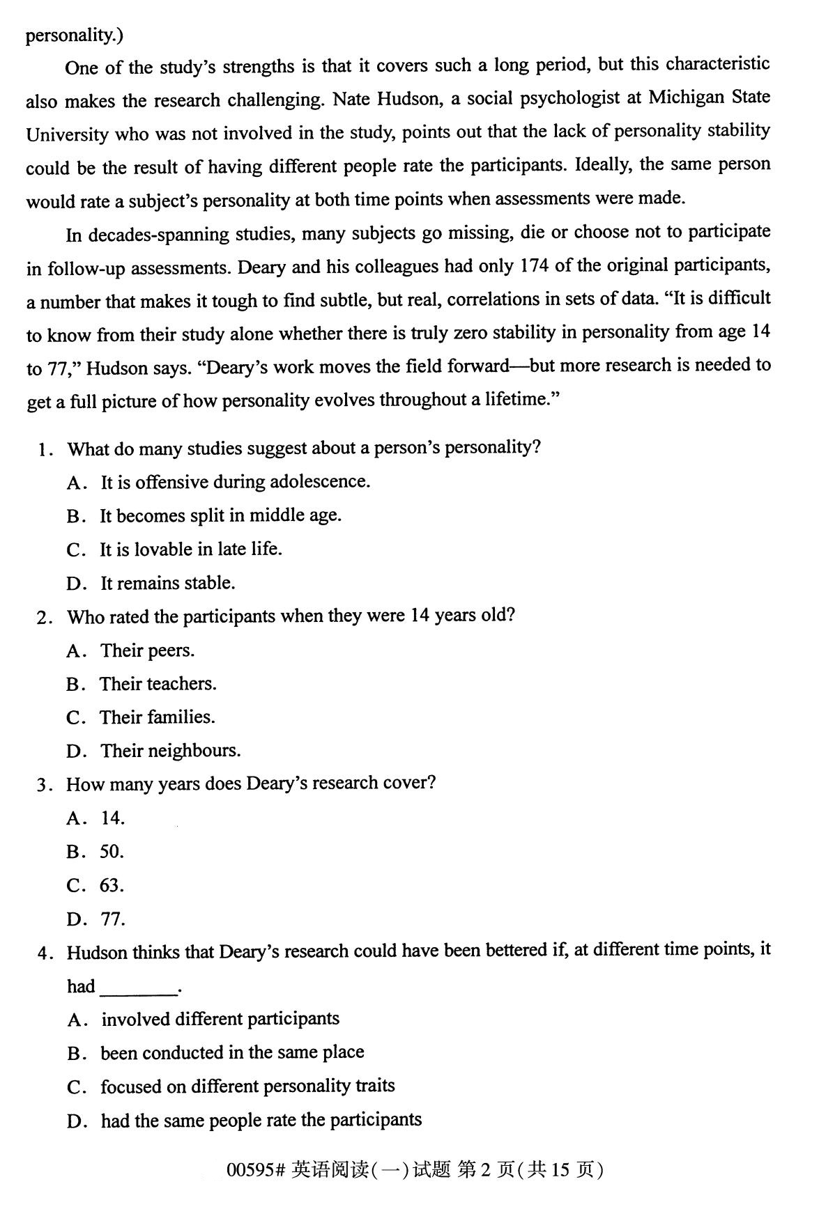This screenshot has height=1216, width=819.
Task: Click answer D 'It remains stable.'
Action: (x=167, y=583)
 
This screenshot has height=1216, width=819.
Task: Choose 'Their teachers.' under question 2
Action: (x=158, y=684)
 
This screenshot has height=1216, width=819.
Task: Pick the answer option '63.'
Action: (x=112, y=885)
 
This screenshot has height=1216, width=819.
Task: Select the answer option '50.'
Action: (x=112, y=852)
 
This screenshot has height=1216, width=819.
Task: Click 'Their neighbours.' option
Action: (x=170, y=751)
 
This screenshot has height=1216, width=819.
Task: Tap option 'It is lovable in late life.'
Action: (x=190, y=549)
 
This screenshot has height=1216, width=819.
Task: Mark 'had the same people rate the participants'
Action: (x=261, y=1120)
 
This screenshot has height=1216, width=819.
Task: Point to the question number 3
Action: (x=43, y=785)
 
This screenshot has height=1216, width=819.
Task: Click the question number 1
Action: (x=43, y=449)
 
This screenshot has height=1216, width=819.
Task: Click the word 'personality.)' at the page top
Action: (x=74, y=35)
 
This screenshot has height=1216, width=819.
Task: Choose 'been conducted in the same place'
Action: (x=232, y=1052)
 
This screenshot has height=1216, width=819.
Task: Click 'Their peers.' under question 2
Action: (x=147, y=650)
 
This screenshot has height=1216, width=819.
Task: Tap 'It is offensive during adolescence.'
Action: (x=235, y=482)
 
